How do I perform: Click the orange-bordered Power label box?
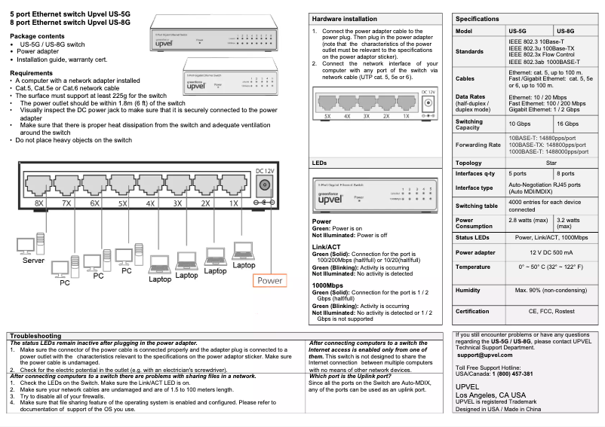click(x=269, y=281)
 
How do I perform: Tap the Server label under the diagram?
click(x=33, y=260)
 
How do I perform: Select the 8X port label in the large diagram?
click(x=40, y=204)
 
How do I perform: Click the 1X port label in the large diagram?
click(x=234, y=204)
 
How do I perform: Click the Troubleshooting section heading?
click(x=35, y=336)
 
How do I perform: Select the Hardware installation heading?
click(x=345, y=19)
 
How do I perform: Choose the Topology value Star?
click(x=551, y=163)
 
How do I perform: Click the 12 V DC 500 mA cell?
click(x=551, y=252)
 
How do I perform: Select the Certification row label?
click(x=473, y=311)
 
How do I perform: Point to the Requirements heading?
click(x=31, y=73)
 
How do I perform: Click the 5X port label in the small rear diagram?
click(x=327, y=117)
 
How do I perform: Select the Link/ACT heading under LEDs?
click(x=326, y=246)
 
